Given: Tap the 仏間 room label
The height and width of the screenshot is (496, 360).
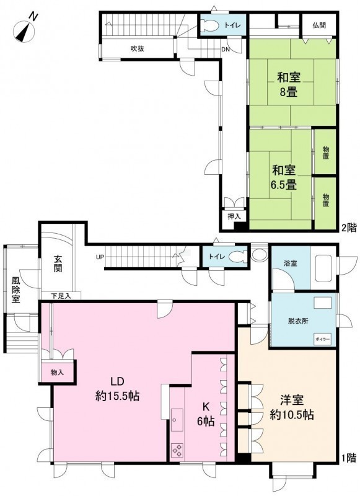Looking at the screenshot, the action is click(x=320, y=25).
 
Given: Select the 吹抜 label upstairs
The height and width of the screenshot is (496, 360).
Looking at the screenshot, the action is click(x=138, y=48).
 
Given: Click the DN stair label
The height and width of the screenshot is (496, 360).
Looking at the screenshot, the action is click(x=226, y=50).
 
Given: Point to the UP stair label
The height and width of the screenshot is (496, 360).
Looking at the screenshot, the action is click(x=100, y=257).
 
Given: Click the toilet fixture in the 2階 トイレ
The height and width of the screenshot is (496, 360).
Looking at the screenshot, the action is click(x=209, y=25).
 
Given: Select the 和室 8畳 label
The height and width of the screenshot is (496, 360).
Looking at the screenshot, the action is click(x=288, y=84).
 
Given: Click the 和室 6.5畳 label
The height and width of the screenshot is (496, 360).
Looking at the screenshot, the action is click(x=284, y=177).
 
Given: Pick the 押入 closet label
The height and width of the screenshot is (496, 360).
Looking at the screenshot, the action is click(x=234, y=216).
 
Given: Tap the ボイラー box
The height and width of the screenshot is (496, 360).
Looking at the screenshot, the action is click(x=322, y=339).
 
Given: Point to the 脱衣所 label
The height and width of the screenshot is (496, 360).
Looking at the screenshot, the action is click(x=298, y=321).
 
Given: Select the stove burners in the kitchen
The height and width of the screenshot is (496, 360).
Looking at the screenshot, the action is click(x=177, y=450).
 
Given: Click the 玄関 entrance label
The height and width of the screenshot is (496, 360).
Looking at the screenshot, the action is click(x=58, y=263).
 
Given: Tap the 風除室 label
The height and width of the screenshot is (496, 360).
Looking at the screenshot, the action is click(x=15, y=290).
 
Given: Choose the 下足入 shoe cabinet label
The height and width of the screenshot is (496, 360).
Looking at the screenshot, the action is click(x=61, y=296).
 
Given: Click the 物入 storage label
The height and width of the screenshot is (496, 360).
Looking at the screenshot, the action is click(x=57, y=373).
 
